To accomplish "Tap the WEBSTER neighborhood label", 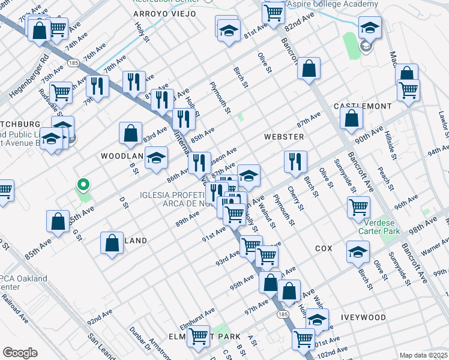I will [284, 137].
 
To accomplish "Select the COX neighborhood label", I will [324, 248].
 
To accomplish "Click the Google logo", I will [20, 353].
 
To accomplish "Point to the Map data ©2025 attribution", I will [423, 355].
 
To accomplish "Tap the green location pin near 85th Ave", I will [85, 185].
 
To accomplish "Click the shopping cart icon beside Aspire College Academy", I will [273, 12].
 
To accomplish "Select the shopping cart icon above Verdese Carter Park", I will [358, 207].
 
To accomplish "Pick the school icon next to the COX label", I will [358, 251].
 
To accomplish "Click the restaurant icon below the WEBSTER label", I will [295, 161].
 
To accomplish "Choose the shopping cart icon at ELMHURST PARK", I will [198, 337].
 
